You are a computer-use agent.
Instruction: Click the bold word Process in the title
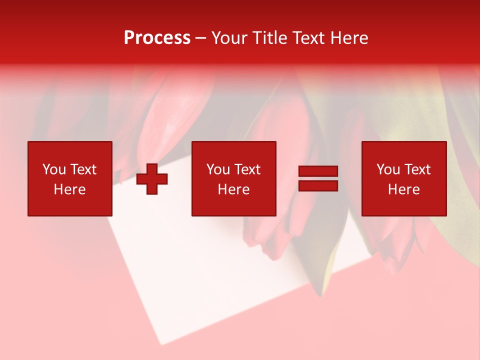[x=157, y=38]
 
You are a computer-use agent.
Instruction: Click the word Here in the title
[x=349, y=38]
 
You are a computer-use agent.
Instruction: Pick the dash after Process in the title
[x=200, y=38]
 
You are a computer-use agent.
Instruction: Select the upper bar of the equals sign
[x=318, y=171]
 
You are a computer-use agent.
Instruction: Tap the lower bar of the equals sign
[x=318, y=186]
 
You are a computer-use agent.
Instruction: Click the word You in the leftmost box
[x=54, y=169]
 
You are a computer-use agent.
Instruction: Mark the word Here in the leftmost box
[x=69, y=189]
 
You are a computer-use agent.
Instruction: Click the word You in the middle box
[x=218, y=169]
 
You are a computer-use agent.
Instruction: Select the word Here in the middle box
[x=233, y=189]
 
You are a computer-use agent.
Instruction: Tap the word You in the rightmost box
[x=388, y=169]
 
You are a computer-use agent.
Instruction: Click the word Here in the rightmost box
[x=403, y=189]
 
